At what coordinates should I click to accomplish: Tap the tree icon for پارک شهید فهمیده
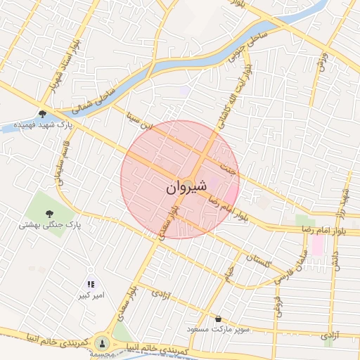pyautogui.click(x=43, y=113)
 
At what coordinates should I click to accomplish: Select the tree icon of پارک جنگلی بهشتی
pyautogui.click(x=49, y=213)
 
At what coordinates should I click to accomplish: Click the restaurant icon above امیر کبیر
pyautogui.click(x=91, y=285)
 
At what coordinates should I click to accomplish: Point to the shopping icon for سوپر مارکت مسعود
pyautogui.click(x=218, y=319)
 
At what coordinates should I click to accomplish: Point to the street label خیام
pyautogui.click(x=229, y=274)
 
